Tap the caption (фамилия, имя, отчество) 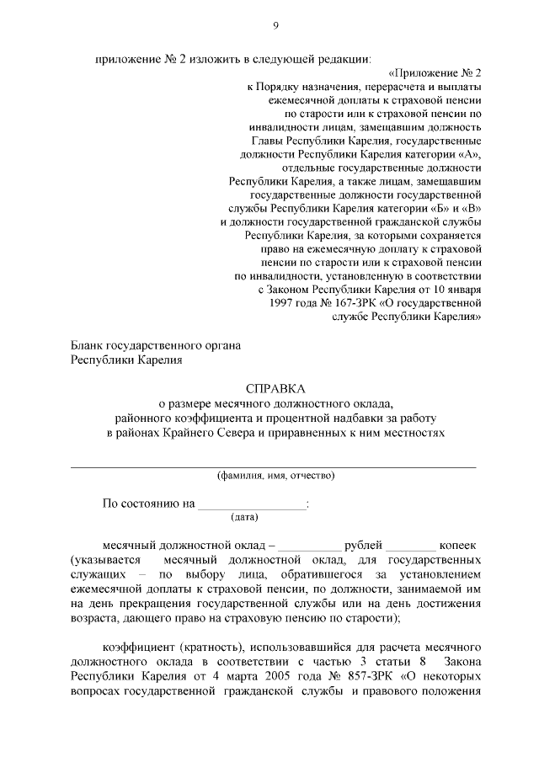[275, 475]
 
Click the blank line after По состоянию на [253, 505]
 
